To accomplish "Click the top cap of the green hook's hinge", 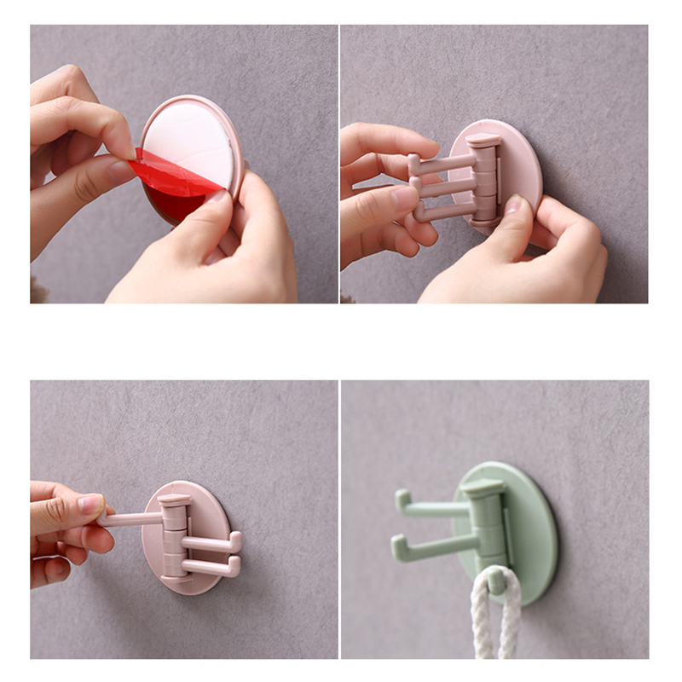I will coord(482,488).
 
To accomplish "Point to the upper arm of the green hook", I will coord(435,509).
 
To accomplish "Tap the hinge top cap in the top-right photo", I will coord(483,140).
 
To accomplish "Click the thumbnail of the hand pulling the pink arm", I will coord(91,505).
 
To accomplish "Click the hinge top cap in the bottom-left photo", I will coord(174,500).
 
